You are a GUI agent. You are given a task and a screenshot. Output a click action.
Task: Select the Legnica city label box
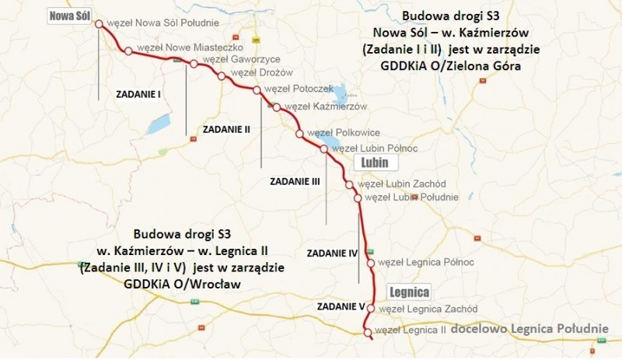point(408,293)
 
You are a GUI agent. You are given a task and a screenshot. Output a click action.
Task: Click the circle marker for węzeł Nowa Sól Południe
point(99,24)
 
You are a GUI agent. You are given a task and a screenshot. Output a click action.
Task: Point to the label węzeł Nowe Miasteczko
point(180,48)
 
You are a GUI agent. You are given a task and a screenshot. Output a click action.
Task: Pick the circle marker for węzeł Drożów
point(222,76)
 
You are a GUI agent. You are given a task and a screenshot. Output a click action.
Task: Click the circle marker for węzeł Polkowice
point(299,134)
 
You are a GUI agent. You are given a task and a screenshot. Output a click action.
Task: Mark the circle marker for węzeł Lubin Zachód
point(350,185)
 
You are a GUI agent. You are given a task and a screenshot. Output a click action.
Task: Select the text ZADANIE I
point(138,95)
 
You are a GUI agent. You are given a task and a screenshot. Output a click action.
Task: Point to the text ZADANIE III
point(295,180)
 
